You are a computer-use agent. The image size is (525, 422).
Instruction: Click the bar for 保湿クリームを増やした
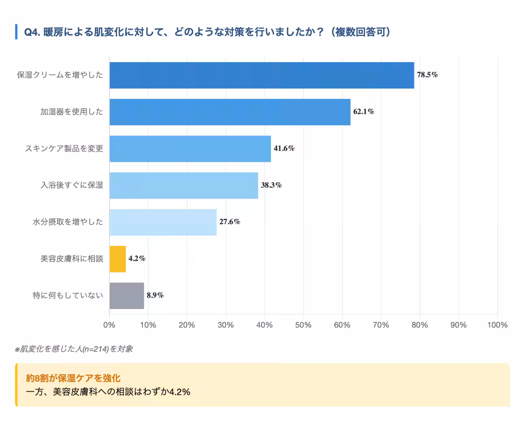[262, 75]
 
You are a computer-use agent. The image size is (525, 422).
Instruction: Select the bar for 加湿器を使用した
[230, 112]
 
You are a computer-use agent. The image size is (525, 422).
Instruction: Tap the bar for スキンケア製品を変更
[190, 149]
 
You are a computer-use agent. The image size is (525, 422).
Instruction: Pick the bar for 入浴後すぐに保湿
[184, 186]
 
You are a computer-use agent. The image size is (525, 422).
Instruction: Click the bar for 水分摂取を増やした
[163, 222]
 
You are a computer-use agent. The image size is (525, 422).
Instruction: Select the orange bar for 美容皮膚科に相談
[118, 259]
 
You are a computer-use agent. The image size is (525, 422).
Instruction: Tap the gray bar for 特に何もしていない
[126, 296]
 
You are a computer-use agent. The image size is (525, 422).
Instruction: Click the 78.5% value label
[427, 75]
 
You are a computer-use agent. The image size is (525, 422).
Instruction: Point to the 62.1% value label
[364, 112]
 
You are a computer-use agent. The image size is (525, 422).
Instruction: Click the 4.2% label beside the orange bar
[136, 259]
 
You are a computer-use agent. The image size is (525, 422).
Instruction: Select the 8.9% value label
[155, 295]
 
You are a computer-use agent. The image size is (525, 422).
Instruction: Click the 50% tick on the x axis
[303, 325]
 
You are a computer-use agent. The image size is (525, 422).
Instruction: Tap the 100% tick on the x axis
[497, 325]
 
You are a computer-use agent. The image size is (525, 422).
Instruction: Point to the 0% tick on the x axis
[109, 325]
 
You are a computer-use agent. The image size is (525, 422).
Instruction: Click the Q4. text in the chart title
[32, 32]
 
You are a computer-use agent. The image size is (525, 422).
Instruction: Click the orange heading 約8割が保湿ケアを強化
[73, 377]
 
